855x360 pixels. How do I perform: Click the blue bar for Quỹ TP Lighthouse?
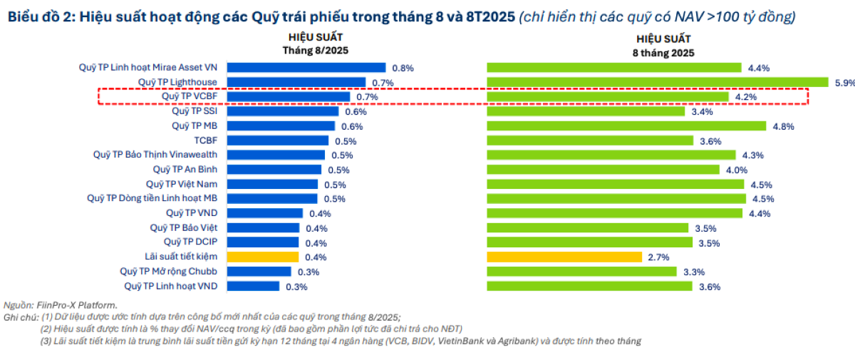[x=296, y=83]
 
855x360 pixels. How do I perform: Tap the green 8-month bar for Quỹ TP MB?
[x=628, y=126]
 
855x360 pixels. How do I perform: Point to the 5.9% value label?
[x=844, y=83]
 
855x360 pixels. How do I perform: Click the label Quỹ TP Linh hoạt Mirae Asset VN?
[x=148, y=68]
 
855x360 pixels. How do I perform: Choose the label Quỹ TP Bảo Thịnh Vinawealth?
[x=155, y=155]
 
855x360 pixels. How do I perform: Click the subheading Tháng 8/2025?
[x=314, y=50]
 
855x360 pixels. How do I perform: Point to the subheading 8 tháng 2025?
[x=663, y=53]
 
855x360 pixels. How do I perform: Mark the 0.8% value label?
[x=403, y=68]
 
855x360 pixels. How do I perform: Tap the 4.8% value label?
[x=783, y=126]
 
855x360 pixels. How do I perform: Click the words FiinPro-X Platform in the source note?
[x=76, y=305]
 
